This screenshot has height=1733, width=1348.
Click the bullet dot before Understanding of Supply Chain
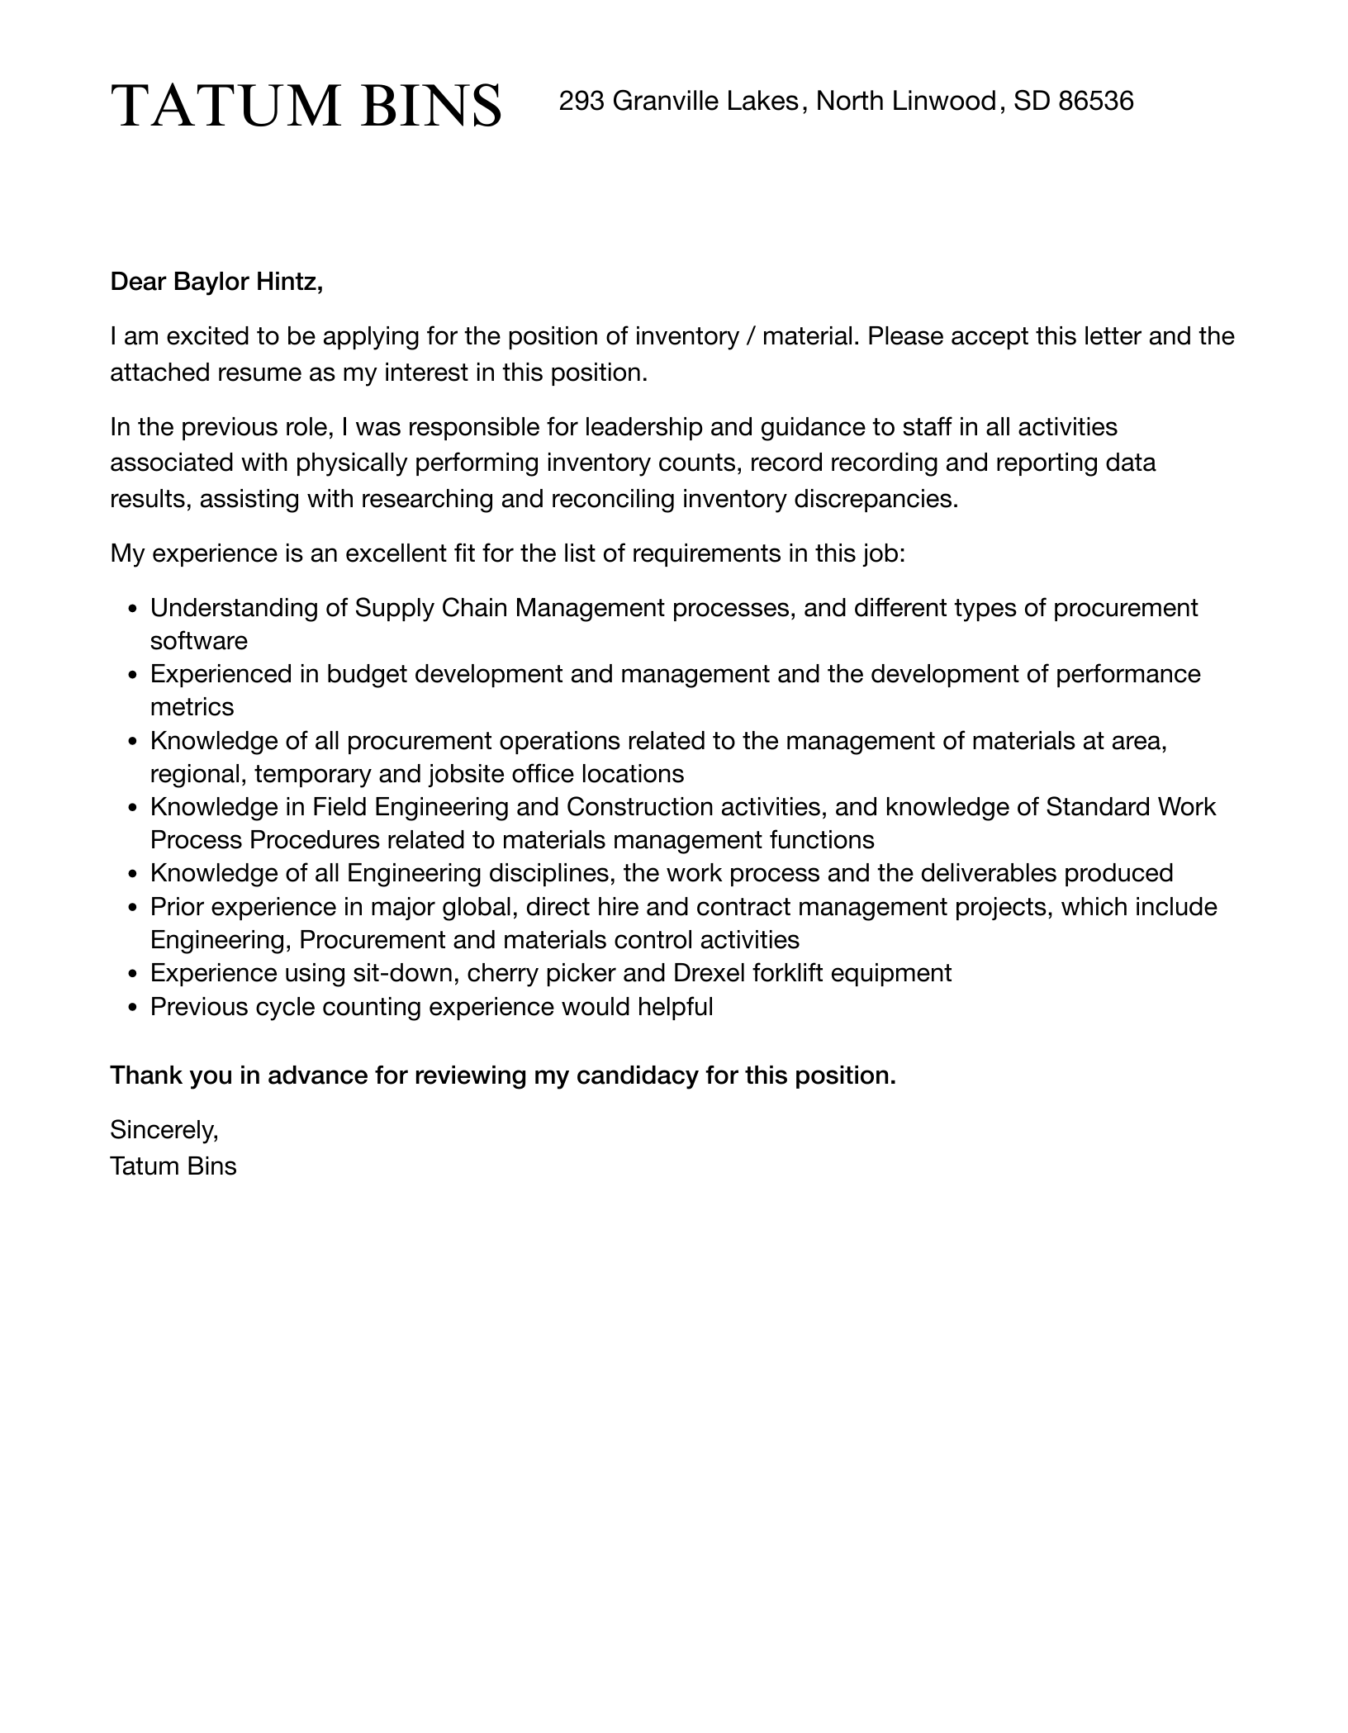pyautogui.click(x=133, y=610)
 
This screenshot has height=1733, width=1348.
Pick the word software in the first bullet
pyautogui.click(x=198, y=641)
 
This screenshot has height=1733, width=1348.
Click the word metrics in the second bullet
pyautogui.click(x=192, y=707)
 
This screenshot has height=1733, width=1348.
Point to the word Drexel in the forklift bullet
pyautogui.click(x=709, y=973)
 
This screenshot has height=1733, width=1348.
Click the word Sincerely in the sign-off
pyautogui.click(x=164, y=1129)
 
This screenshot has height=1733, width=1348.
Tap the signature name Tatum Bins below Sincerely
pyautogui.click(x=173, y=1166)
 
